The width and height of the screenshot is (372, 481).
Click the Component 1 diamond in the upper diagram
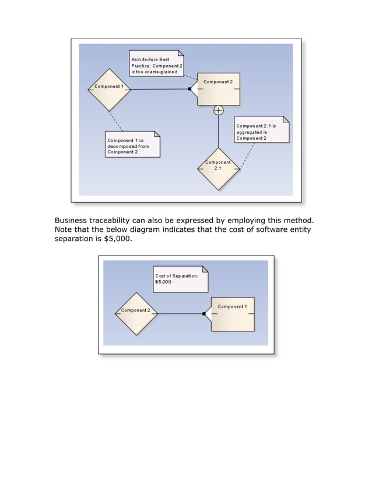[x=108, y=89]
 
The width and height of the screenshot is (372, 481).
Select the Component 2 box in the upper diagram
[x=219, y=89]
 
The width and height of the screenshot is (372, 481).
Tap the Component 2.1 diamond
[x=219, y=168]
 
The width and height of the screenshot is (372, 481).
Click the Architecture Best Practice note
[x=157, y=63]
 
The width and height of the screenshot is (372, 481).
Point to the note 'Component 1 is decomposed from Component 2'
[x=132, y=144]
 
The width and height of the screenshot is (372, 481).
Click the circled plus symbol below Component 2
[x=219, y=110]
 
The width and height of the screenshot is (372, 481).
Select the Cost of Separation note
[x=181, y=279]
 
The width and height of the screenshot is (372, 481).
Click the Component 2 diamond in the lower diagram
[x=136, y=313]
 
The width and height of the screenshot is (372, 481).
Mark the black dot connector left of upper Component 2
[x=189, y=89]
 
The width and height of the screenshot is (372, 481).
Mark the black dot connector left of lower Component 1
[x=203, y=314]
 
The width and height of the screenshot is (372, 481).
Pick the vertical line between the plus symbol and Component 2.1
[x=219, y=131]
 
